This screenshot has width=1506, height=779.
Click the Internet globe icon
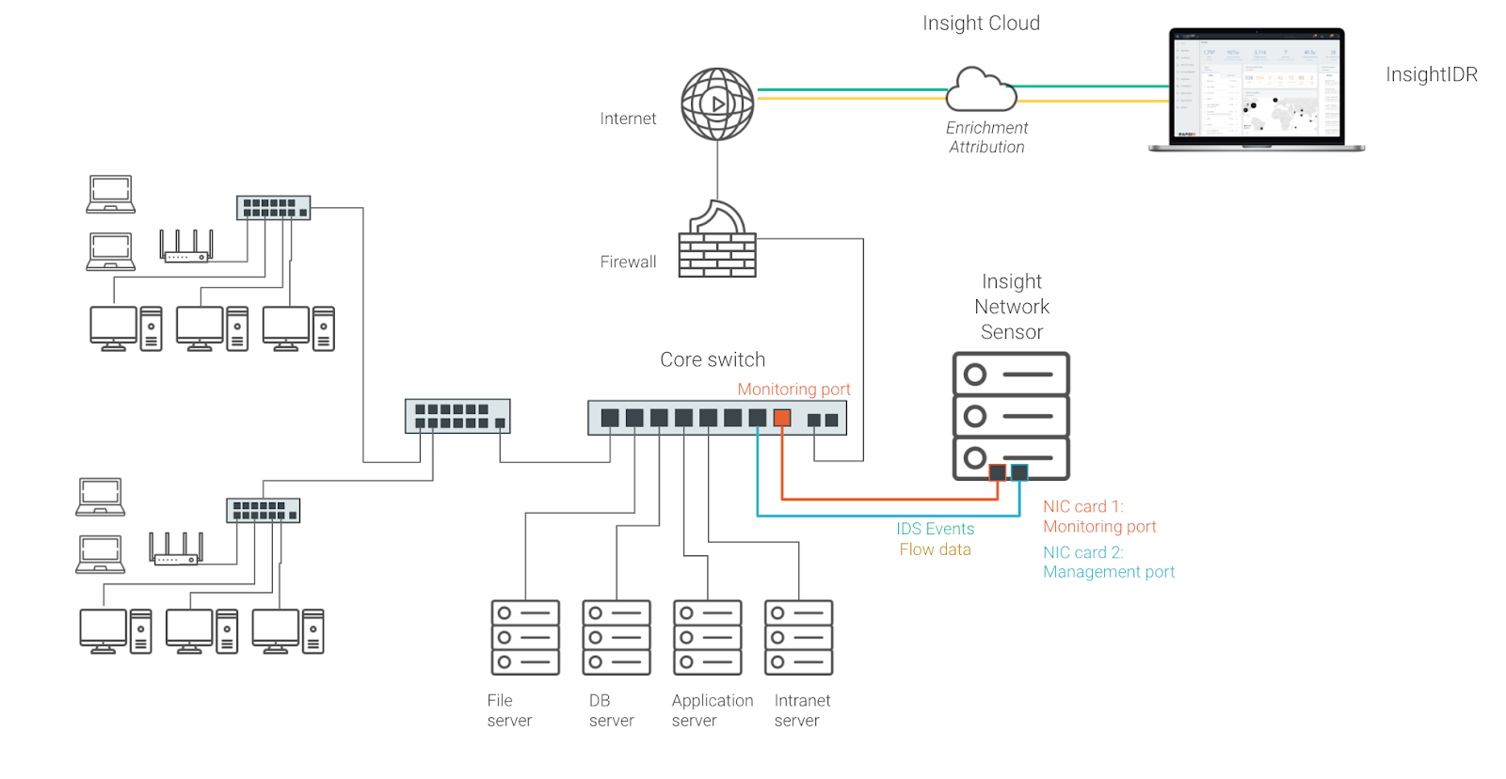(x=717, y=103)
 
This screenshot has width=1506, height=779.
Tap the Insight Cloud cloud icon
(x=981, y=90)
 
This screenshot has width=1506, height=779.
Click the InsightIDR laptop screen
(x=1257, y=87)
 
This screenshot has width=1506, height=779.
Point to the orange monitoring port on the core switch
(x=782, y=418)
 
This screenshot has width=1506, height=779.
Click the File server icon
(x=525, y=638)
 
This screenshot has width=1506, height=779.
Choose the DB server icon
(x=617, y=638)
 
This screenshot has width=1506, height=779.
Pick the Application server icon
(x=708, y=638)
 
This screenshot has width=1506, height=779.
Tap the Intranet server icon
(x=799, y=638)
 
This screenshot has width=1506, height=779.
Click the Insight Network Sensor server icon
(x=1011, y=416)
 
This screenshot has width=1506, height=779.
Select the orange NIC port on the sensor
(x=998, y=472)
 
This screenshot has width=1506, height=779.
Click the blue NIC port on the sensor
(x=1019, y=472)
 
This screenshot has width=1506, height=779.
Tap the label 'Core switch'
(x=713, y=359)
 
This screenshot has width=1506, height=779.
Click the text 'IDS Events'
(x=935, y=529)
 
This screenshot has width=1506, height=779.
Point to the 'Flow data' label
(x=935, y=549)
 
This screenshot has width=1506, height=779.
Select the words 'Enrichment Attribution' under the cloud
(x=986, y=137)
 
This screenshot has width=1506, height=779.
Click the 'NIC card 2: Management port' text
(x=1108, y=562)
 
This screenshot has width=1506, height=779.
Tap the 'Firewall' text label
(x=628, y=262)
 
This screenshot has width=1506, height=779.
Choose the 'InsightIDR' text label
(x=1431, y=74)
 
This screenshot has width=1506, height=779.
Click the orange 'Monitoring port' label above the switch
(x=793, y=389)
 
